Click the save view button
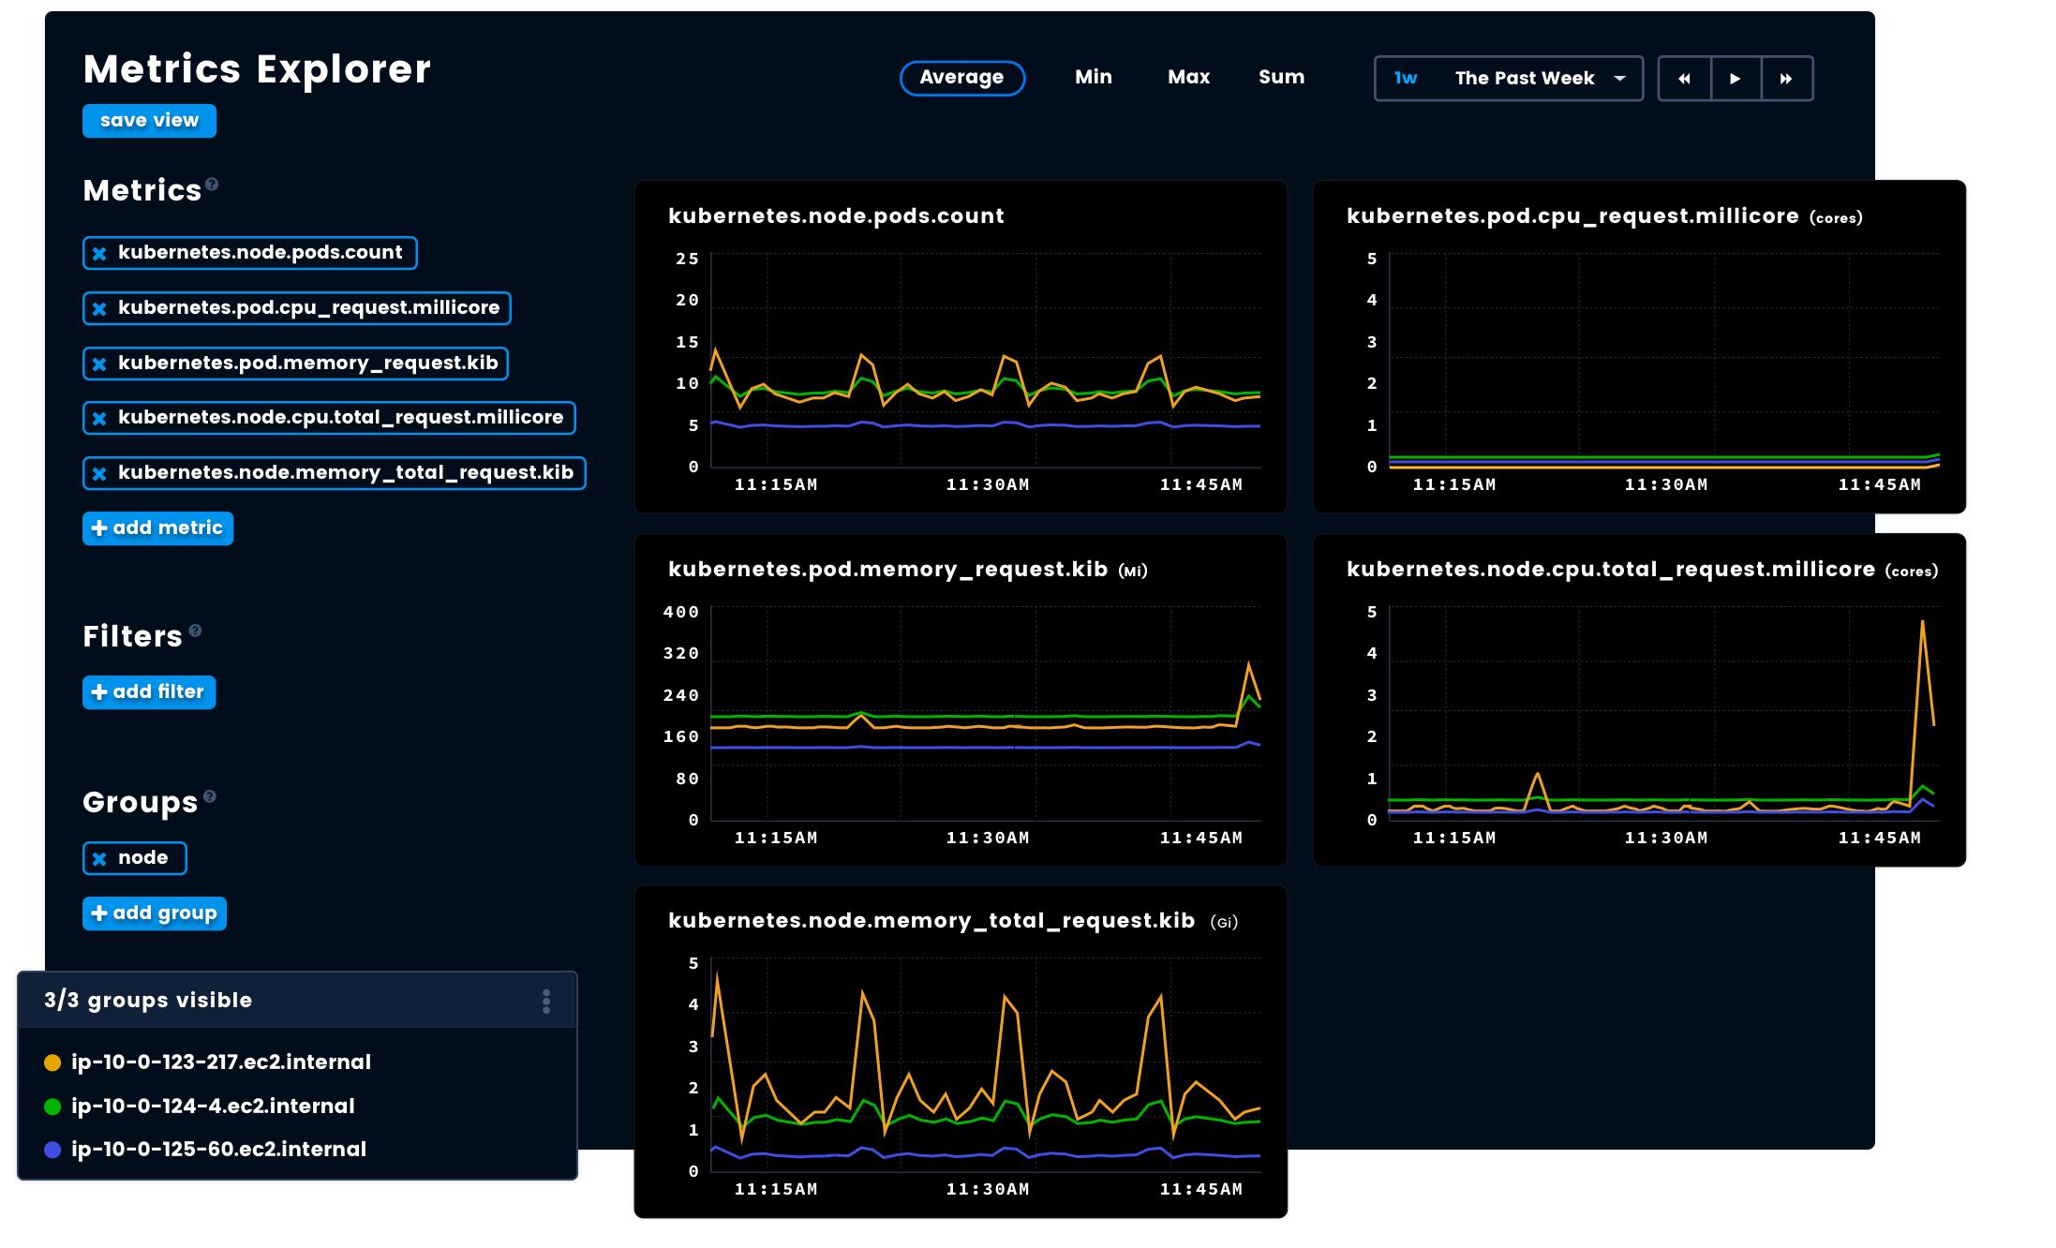point(149,121)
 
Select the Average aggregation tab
point(961,78)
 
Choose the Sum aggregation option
point(1280,78)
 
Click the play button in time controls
point(1736,79)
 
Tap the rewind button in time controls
point(1684,79)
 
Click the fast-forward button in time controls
point(1786,79)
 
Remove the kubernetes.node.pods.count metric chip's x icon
point(99,253)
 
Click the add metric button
point(157,528)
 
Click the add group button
point(155,914)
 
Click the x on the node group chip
point(99,858)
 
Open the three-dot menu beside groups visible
point(546,1002)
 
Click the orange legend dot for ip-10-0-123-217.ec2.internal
point(52,1062)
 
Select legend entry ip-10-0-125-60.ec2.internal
point(218,1150)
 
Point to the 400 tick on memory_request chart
point(680,612)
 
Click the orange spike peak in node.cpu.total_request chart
point(1922,622)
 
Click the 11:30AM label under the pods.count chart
point(987,484)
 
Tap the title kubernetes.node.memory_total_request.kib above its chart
point(931,921)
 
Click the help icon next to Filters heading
point(195,631)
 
